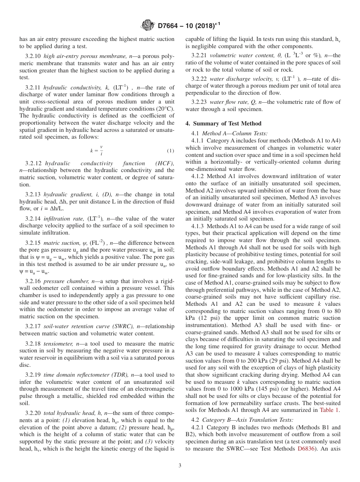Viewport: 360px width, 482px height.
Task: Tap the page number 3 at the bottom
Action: [180, 465]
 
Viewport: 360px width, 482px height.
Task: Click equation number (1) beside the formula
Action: [171, 151]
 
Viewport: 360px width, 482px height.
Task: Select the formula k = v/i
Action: [97, 150]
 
